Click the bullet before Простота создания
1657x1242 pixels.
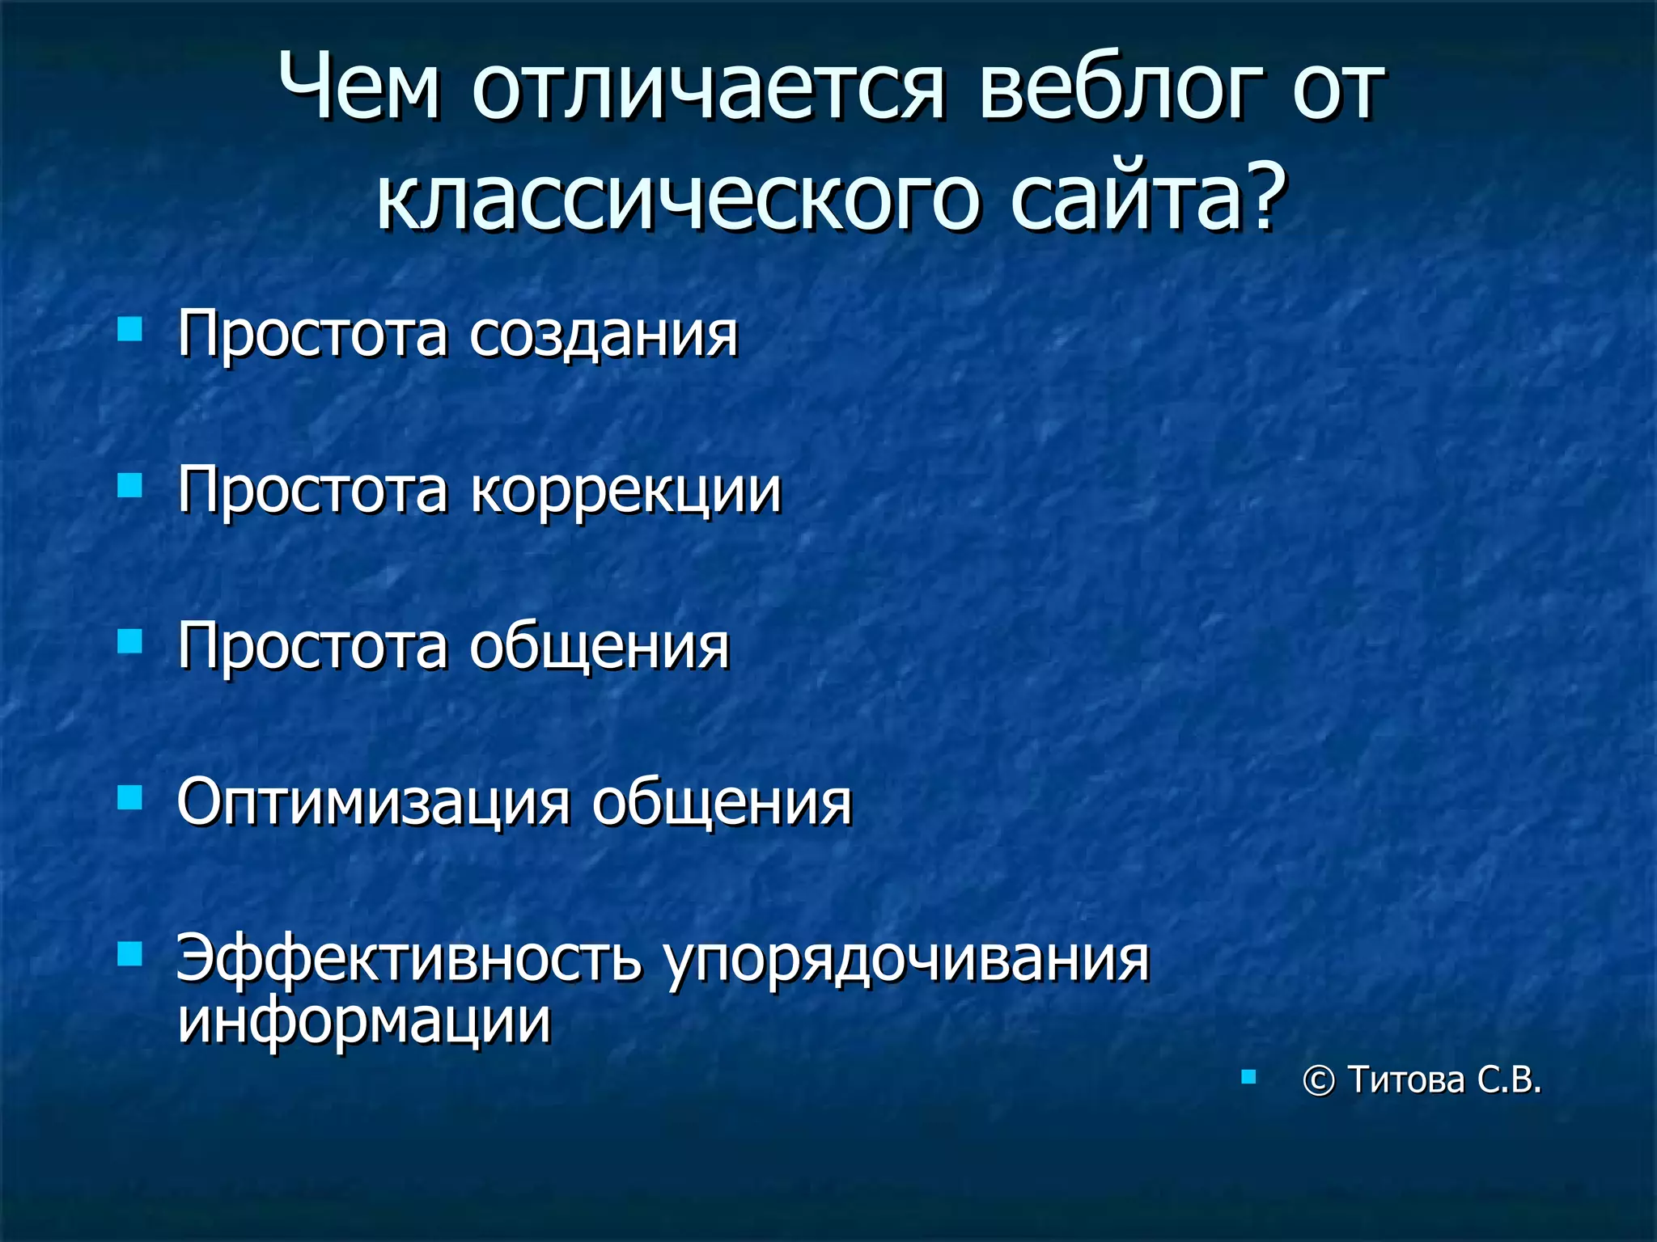click(129, 330)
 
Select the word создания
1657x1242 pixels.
click(604, 335)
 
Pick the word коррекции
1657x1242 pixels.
click(625, 492)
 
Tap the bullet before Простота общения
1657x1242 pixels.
click(129, 642)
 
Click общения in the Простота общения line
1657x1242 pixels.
click(600, 647)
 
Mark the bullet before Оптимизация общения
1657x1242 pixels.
click(129, 798)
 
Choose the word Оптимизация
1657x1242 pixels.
click(373, 804)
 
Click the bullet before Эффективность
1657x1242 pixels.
click(129, 954)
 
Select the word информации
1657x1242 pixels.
click(364, 1020)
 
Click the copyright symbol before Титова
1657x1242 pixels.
click(1318, 1081)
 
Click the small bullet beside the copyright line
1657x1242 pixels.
click(1248, 1076)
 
